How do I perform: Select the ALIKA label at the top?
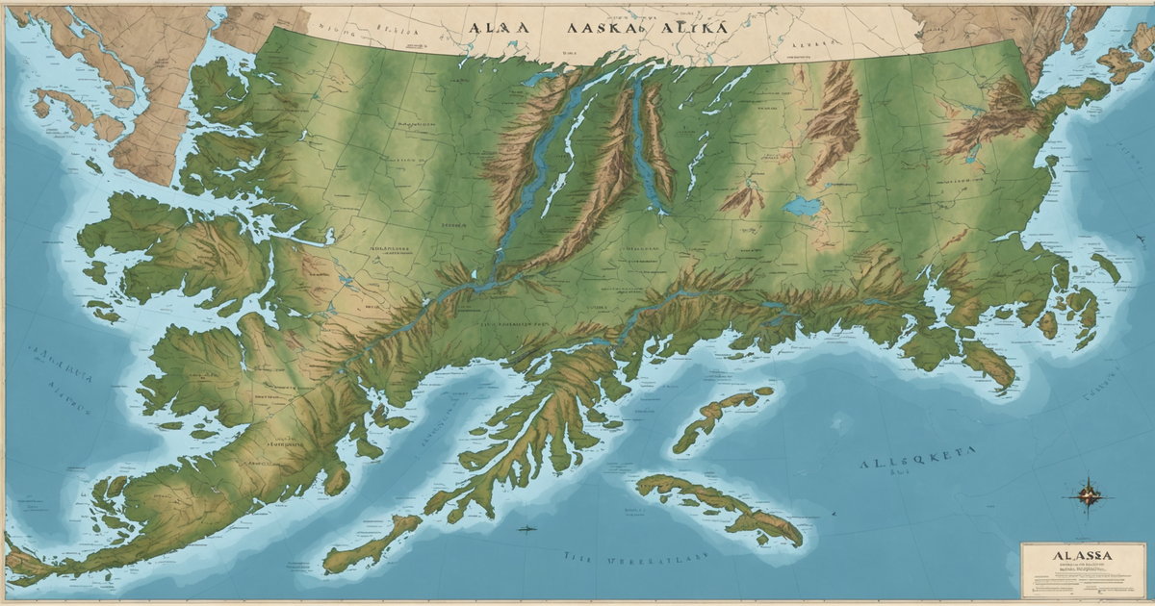(x=693, y=28)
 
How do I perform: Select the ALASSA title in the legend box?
(x=1083, y=556)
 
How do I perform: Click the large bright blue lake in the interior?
(x=801, y=206)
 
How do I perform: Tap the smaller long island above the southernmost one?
(x=722, y=416)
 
